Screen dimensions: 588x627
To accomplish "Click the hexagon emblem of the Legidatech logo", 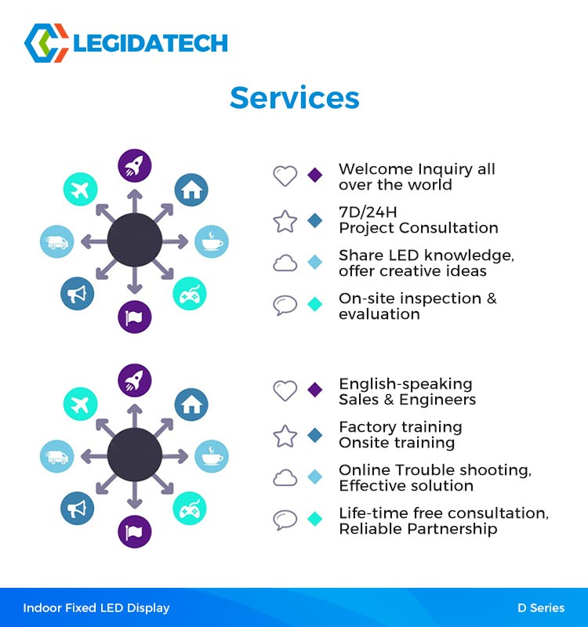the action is click(46, 43).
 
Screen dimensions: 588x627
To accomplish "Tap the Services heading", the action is click(295, 97).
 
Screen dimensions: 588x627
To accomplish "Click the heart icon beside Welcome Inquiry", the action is click(285, 176).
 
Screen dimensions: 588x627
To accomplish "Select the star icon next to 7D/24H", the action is click(285, 221).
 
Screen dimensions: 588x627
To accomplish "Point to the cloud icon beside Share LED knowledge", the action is click(285, 263).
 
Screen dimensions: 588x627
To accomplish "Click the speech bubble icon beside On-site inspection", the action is click(285, 305).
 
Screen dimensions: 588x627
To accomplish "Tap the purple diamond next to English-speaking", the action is click(315, 390).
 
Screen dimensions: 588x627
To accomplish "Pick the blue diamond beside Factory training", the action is click(315, 435).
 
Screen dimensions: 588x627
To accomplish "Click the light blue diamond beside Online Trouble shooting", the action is click(315, 477).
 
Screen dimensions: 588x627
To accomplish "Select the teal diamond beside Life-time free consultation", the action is click(315, 519).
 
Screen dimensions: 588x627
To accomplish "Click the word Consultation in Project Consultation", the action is click(448, 228).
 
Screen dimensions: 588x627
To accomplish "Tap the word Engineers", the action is click(437, 400).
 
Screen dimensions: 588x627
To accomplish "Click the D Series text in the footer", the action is click(541, 608).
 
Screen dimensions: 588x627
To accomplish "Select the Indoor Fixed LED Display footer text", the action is click(96, 608).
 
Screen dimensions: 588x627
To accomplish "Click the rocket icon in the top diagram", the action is click(135, 165).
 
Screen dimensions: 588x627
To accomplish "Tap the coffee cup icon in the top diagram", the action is click(212, 241).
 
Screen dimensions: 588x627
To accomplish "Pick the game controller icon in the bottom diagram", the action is click(190, 508).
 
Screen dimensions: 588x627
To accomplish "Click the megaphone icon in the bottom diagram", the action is click(77, 508).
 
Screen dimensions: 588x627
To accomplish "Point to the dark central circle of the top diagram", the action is click(135, 240).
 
